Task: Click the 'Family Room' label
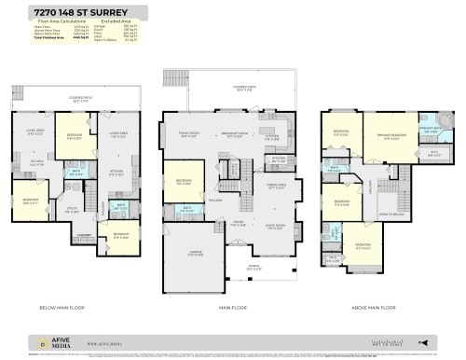pos(190,134)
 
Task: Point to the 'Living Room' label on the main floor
pos(276,226)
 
